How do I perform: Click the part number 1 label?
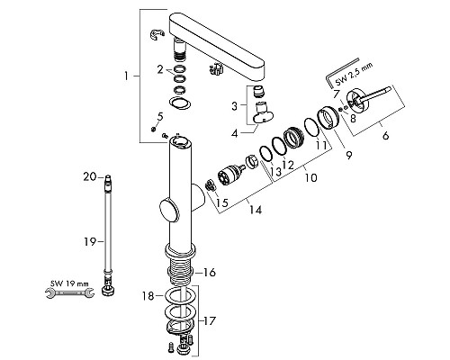(126, 76)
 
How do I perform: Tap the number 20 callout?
(90, 176)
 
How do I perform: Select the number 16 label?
(209, 273)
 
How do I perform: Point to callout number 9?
(348, 155)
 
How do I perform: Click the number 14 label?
(256, 210)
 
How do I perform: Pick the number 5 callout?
(160, 116)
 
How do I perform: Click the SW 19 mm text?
(69, 283)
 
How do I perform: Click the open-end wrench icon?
(69, 292)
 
